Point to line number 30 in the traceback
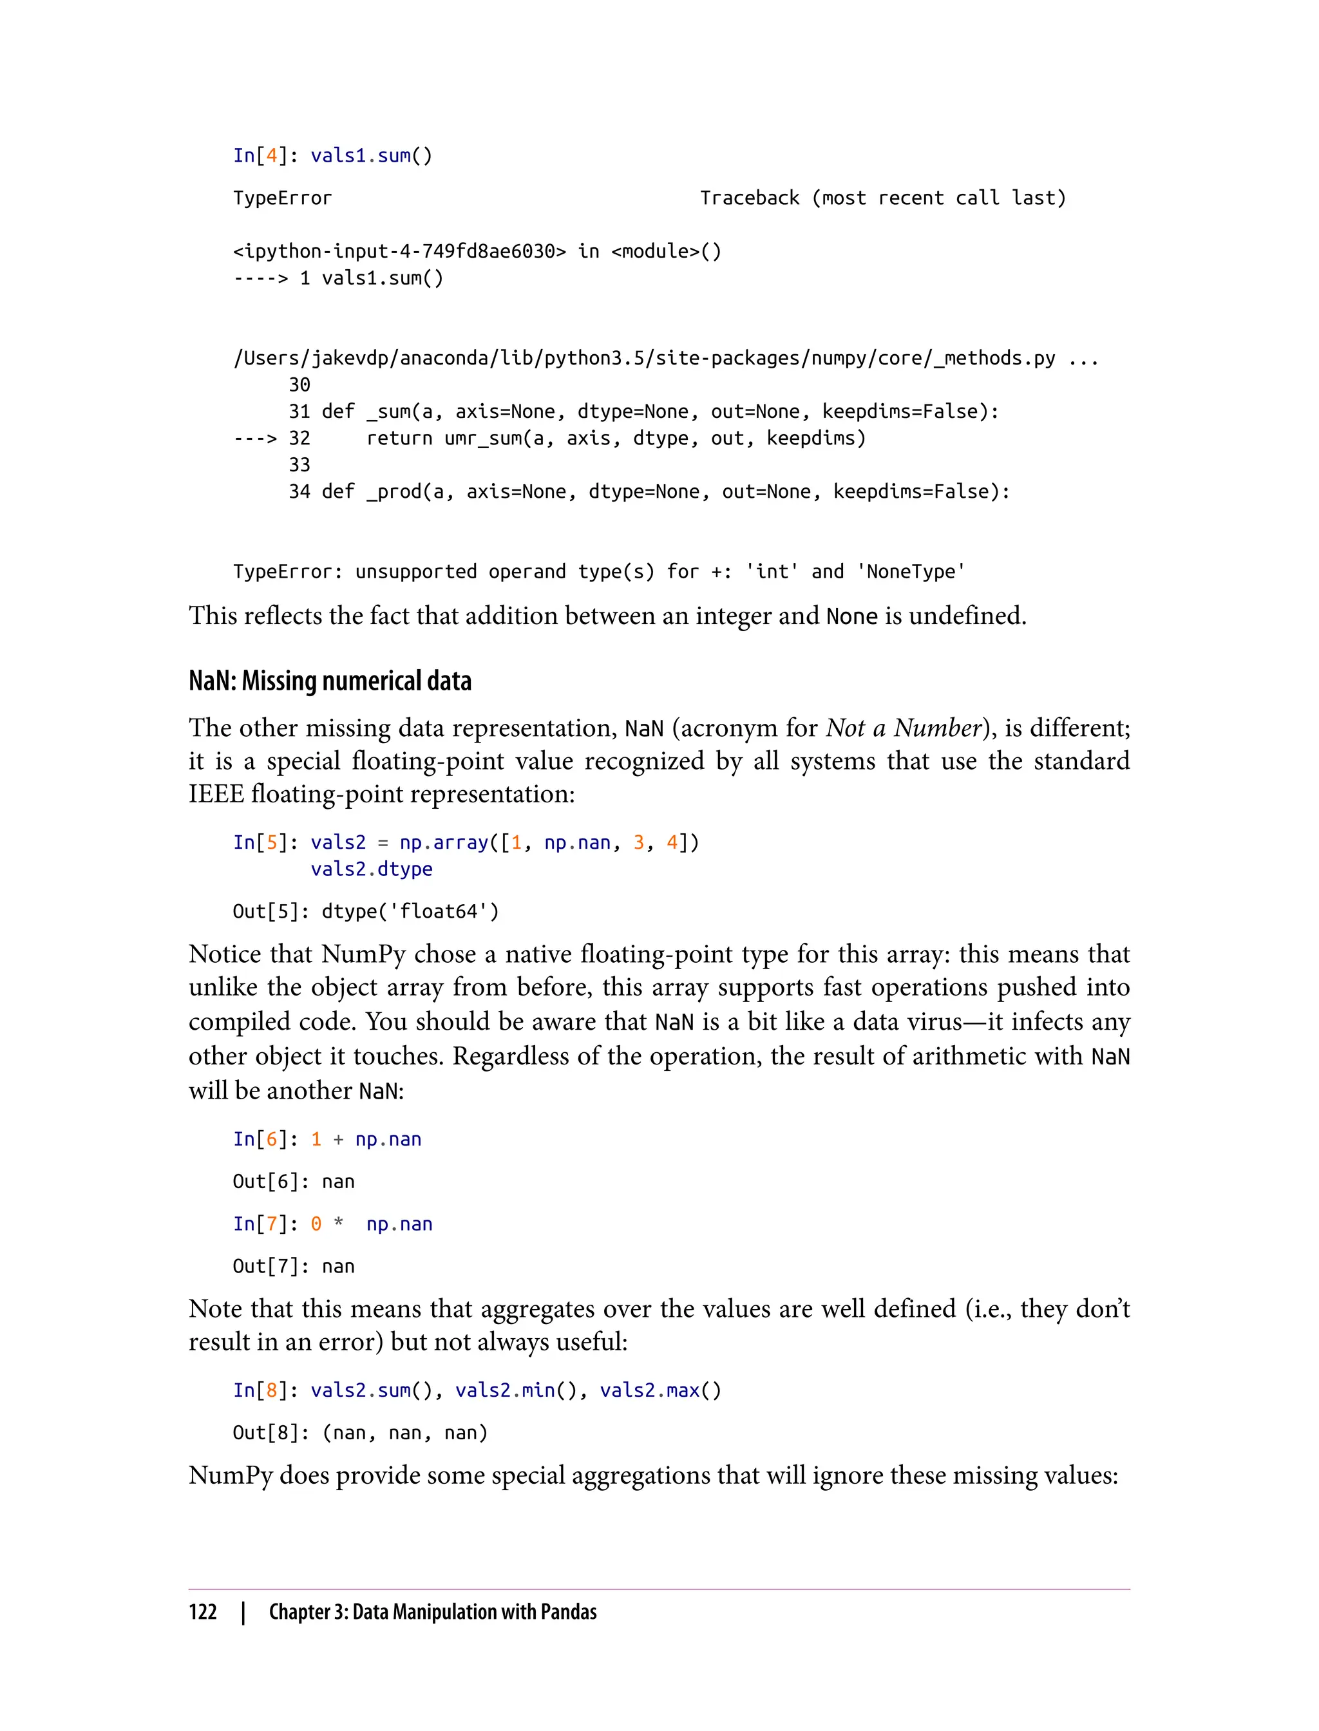[x=299, y=384]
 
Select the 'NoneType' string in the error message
[x=911, y=571]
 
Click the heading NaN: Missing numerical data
[x=330, y=681]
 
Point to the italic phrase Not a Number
[x=903, y=728]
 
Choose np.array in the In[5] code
[x=444, y=843]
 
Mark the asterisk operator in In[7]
[x=338, y=1224]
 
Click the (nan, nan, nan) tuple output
[x=405, y=1433]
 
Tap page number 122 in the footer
[x=203, y=1612]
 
